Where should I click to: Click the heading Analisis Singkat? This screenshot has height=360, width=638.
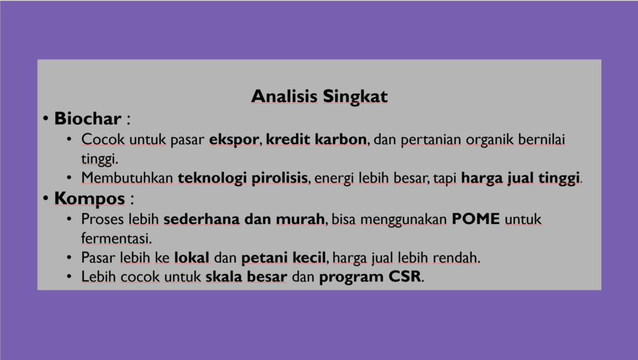click(x=320, y=97)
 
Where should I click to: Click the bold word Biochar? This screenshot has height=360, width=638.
click(x=88, y=118)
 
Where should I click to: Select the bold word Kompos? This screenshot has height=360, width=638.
click(x=90, y=199)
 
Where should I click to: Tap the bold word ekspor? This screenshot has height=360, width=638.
click(x=234, y=140)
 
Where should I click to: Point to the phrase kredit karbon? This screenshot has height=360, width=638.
click(x=316, y=139)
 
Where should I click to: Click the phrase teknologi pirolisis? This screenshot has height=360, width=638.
click(x=243, y=178)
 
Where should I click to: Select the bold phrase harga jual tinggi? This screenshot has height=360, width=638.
click(x=520, y=178)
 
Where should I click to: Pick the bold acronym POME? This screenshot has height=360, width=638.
click(x=475, y=219)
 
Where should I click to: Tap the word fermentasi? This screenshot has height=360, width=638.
click(x=115, y=238)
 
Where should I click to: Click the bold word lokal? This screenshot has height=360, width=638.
click(x=192, y=257)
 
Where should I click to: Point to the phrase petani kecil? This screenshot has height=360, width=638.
click(x=283, y=258)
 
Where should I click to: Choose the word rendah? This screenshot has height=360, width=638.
click(x=455, y=257)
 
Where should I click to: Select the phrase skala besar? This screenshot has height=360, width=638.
click(x=246, y=277)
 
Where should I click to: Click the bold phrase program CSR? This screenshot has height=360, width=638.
click(x=370, y=277)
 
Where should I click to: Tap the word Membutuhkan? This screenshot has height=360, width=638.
click(x=127, y=178)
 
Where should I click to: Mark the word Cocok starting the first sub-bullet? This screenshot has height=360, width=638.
click(x=103, y=139)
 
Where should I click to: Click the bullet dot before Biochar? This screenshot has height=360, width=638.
click(x=46, y=119)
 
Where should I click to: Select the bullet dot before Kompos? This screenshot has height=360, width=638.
click(x=46, y=199)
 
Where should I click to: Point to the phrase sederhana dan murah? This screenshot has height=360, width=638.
click(x=244, y=219)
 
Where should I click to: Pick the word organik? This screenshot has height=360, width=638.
click(x=490, y=140)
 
